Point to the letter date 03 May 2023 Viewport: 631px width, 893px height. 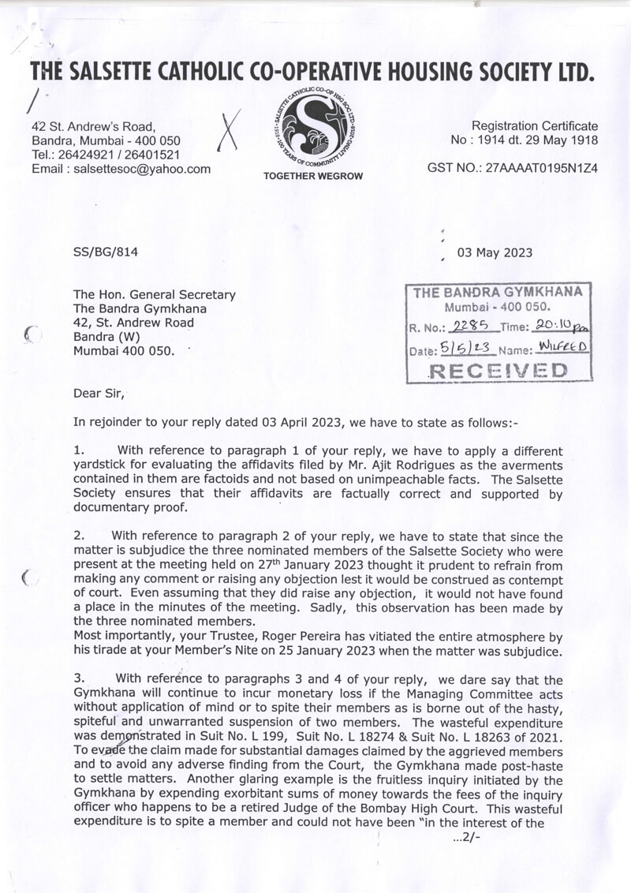[495, 253]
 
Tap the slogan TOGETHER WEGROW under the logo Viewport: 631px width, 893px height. [313, 176]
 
